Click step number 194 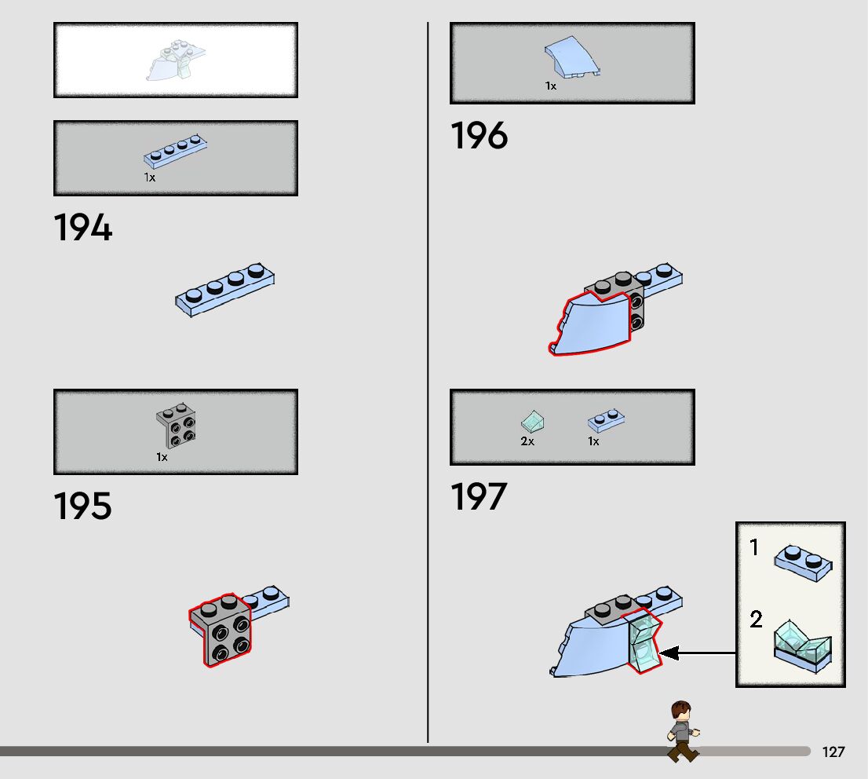[83, 229]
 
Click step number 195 [83, 507]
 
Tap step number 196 [479, 137]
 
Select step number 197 [479, 497]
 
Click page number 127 [833, 752]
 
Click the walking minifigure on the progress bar [682, 731]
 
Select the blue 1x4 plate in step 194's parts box [174, 153]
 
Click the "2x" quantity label [527, 441]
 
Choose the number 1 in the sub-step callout [754, 547]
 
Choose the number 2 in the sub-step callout [755, 620]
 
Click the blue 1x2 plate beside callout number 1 [803, 563]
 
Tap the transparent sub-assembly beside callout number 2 [802, 646]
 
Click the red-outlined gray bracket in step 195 [220, 630]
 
